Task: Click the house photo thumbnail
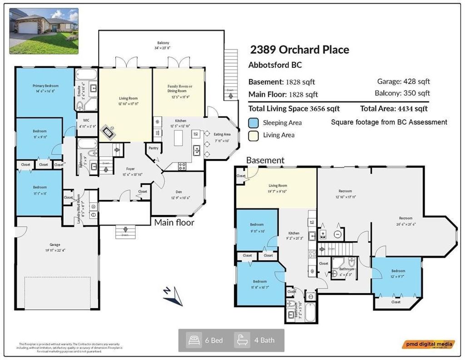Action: pos(44,30)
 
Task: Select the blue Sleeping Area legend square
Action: pos(254,122)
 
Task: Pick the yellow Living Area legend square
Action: pos(254,135)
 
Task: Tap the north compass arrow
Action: pos(173,296)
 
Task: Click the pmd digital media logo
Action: pos(427,345)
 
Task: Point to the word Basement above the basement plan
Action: pos(265,160)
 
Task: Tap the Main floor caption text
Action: pos(174,222)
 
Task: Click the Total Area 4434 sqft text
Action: pos(394,109)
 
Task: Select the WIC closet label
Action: pos(86,120)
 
